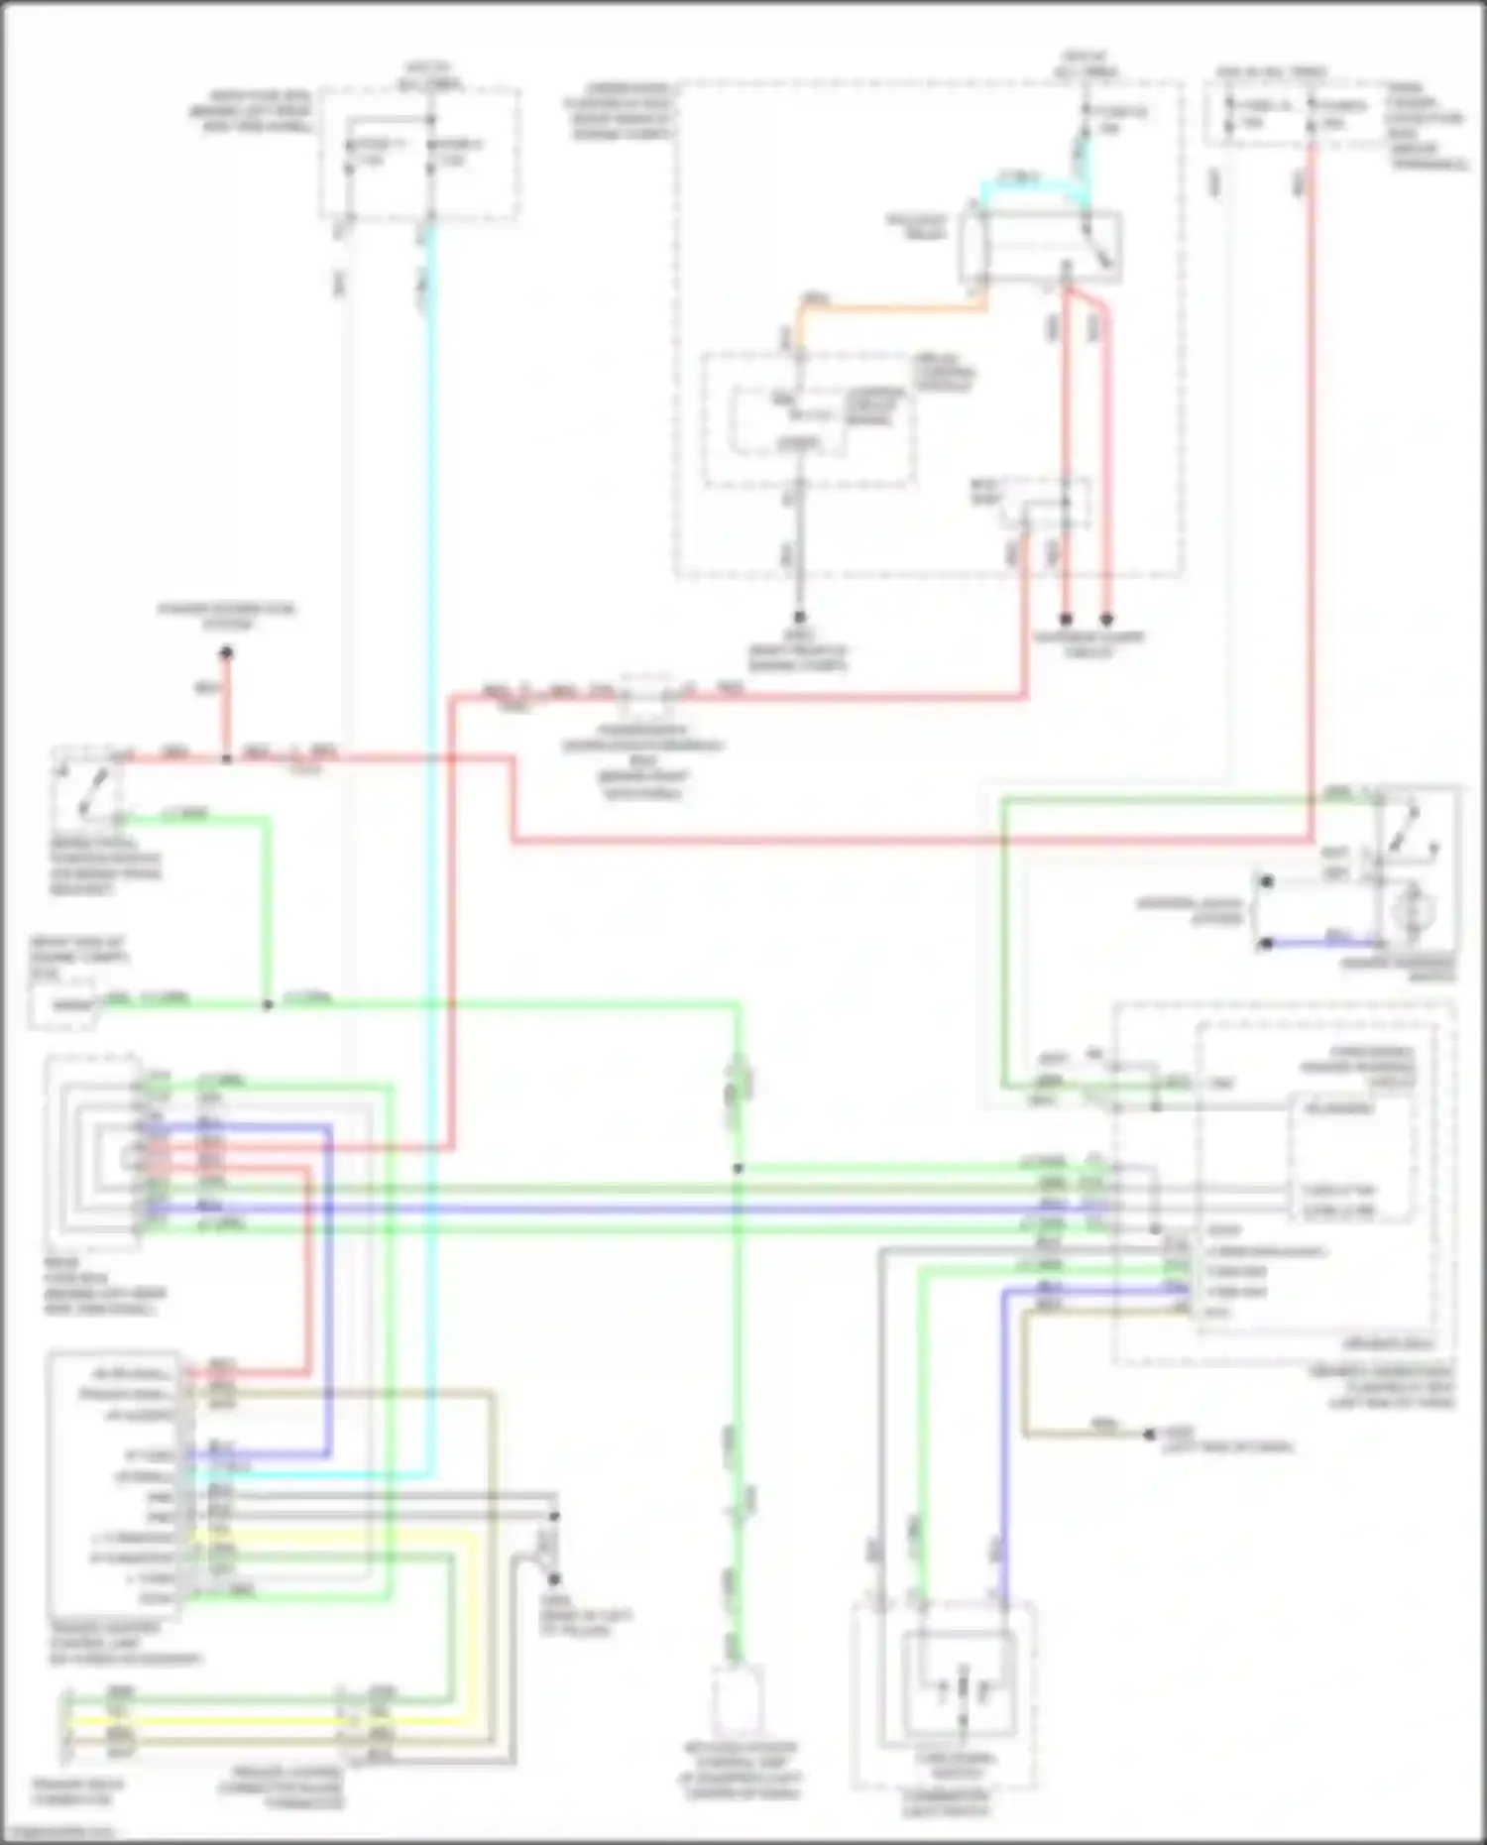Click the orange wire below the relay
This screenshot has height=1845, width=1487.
892,308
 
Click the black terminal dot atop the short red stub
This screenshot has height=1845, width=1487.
226,653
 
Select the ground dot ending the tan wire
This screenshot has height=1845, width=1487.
1149,1435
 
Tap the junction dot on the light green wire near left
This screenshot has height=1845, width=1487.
267,1004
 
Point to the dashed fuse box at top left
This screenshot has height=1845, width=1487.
420,154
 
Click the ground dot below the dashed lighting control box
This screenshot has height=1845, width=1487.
800,618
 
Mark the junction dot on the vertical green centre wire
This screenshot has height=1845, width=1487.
738,1169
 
